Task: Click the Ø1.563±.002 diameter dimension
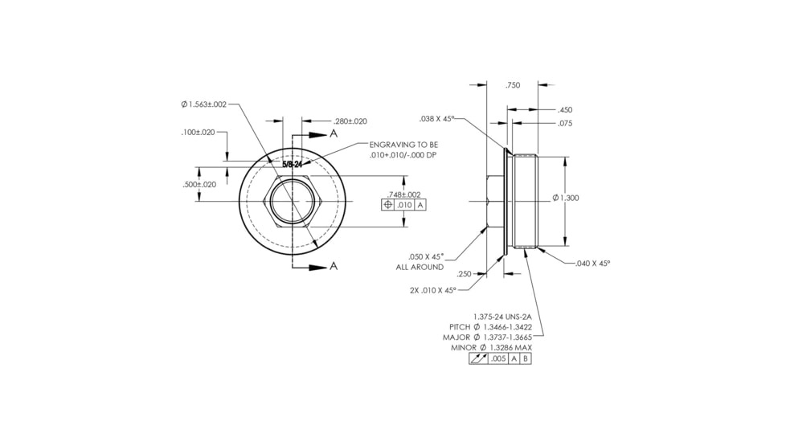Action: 204,104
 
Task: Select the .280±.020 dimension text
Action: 350,121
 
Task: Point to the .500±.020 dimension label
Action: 199,184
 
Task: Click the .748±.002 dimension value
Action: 403,194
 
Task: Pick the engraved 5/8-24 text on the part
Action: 291,164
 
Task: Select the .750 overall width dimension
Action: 512,85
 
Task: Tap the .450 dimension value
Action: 564,110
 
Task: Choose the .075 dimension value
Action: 564,124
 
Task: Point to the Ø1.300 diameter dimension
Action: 566,198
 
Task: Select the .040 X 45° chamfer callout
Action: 593,263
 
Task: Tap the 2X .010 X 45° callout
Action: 432,290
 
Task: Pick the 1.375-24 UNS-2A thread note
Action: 503,317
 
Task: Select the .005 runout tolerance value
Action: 498,358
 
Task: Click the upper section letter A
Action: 334,134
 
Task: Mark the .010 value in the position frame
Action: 404,205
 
